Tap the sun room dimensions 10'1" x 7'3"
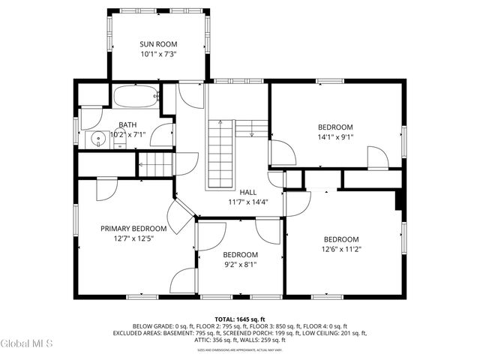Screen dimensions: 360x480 click(x=158, y=54)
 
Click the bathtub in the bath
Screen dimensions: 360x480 click(x=136, y=96)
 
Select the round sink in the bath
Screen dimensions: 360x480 click(x=97, y=139)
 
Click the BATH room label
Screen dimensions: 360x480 click(x=127, y=124)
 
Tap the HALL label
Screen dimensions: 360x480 click(x=247, y=192)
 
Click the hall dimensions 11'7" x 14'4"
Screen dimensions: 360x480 click(x=247, y=202)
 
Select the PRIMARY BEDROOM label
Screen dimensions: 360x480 click(x=133, y=228)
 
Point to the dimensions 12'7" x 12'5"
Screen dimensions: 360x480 click(x=133, y=238)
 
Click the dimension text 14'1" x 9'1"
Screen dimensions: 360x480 click(x=335, y=137)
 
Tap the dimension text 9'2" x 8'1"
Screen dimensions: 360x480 click(x=240, y=265)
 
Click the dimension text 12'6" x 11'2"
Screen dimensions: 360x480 click(x=340, y=249)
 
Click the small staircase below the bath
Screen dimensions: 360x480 click(x=156, y=163)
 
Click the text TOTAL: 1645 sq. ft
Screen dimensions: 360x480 click(x=240, y=319)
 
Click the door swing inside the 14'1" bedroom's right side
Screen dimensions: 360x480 click(x=377, y=158)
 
